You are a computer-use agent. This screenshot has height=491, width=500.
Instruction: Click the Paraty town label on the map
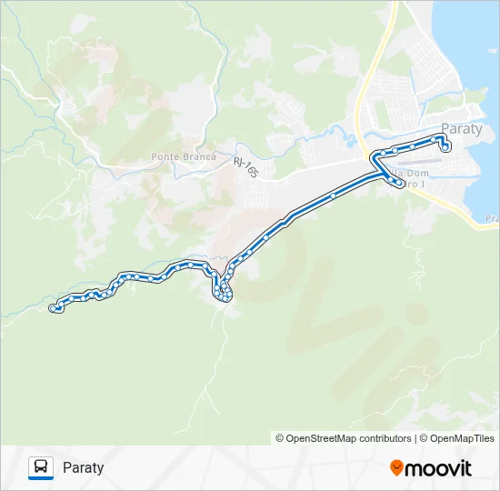point(461,128)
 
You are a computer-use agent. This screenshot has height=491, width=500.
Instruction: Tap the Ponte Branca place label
point(184,156)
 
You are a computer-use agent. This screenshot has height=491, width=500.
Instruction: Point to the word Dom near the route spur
point(417,173)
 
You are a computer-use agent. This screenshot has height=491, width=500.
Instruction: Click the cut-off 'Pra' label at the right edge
point(492,218)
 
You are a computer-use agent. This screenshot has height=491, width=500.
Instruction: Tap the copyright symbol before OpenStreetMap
point(280,438)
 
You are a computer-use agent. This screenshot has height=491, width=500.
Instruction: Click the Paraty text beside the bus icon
point(84,468)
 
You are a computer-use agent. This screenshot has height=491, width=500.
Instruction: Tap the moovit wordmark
point(439,468)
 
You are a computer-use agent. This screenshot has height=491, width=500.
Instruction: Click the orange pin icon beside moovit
point(397,468)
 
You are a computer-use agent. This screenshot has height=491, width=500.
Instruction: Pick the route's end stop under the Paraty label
point(445,147)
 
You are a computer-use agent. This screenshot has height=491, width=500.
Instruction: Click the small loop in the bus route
point(223,292)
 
